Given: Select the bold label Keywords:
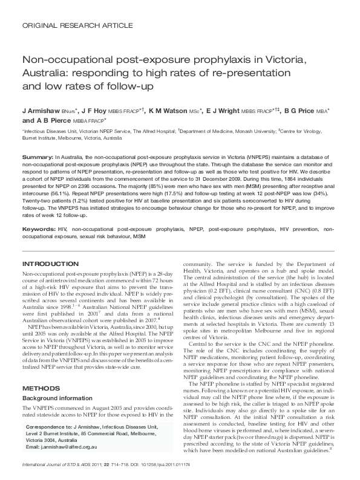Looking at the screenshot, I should pos(39,230).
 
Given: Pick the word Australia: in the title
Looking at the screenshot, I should pos(48,74).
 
